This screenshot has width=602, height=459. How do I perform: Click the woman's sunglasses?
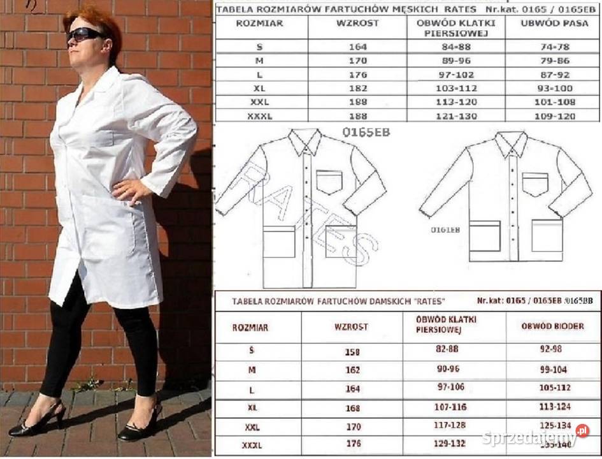click(x=85, y=34)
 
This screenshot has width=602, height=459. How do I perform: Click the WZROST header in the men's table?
click(x=357, y=23)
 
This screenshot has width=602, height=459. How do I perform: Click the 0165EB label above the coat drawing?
click(x=366, y=133)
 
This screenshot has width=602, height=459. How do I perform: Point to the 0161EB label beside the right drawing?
click(x=445, y=228)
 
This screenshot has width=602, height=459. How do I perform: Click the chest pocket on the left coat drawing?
click(x=329, y=182)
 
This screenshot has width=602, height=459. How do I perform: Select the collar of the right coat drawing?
click(x=511, y=144)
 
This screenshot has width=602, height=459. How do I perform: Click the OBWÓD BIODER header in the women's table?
click(x=543, y=326)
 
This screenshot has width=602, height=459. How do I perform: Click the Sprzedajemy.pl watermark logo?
click(x=535, y=437)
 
